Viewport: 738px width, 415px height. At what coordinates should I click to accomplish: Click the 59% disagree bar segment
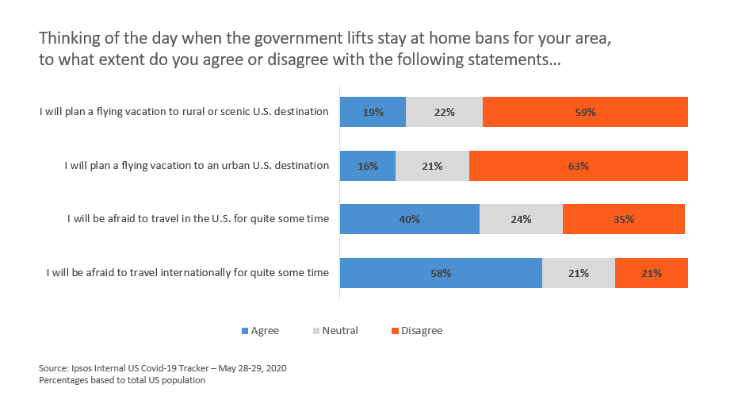[585, 112]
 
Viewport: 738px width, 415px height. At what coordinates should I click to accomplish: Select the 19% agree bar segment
[373, 112]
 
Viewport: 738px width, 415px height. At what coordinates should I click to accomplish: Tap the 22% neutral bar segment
[444, 112]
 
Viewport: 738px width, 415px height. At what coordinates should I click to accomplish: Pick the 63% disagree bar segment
[578, 166]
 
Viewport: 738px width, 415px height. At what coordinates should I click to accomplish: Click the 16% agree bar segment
[367, 166]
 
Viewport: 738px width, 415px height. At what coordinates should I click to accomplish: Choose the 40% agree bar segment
[409, 219]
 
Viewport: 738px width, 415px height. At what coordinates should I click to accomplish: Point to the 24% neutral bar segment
[521, 219]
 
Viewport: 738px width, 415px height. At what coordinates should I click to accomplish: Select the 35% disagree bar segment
[623, 219]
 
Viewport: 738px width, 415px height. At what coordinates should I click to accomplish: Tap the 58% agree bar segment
[441, 273]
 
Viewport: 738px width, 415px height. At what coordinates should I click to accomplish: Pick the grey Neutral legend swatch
[317, 331]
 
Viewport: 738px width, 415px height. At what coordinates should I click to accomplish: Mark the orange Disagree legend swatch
[396, 331]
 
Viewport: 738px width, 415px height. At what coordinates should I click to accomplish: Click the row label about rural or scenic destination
[184, 112]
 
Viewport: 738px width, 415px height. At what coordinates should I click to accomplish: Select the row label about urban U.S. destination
[196, 166]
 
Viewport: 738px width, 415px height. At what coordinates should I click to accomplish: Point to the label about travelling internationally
[187, 273]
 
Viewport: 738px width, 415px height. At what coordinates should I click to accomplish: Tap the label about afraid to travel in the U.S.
[197, 219]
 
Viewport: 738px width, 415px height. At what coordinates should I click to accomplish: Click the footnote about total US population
[121, 381]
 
